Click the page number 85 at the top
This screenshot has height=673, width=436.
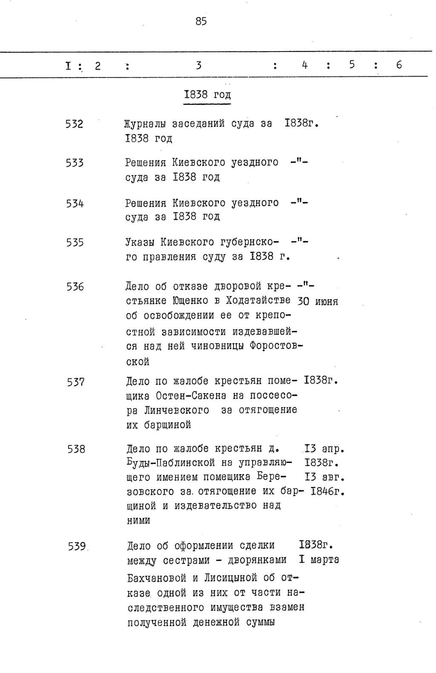[x=201, y=21]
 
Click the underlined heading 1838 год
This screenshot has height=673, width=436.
[x=207, y=94]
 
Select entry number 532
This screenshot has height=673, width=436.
[x=74, y=124]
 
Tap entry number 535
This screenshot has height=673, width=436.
[x=75, y=243]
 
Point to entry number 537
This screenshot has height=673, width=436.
[x=75, y=382]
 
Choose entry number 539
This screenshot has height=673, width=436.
[x=77, y=546]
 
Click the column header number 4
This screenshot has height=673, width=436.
[x=304, y=65]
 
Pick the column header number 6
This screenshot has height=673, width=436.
[x=399, y=65]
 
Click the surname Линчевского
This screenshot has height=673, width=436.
[x=177, y=410]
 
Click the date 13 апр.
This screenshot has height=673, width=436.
[x=324, y=449]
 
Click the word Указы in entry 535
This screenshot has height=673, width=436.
[x=139, y=243]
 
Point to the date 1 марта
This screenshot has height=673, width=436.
[x=319, y=560]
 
